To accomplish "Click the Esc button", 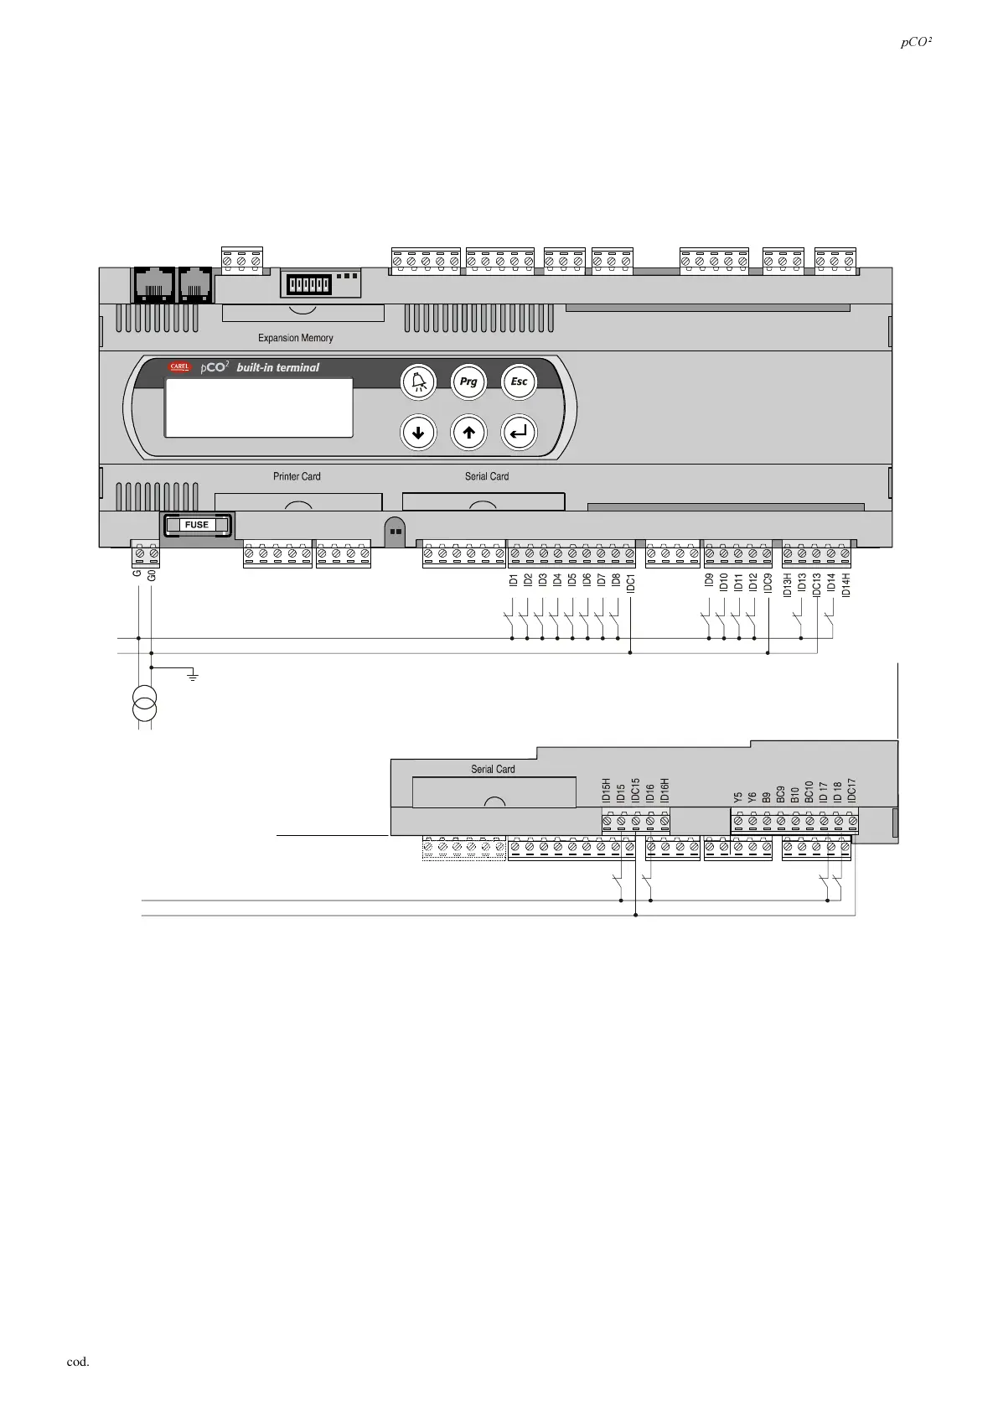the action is pyautogui.click(x=519, y=382).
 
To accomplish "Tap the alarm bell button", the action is pyautogui.click(x=418, y=382).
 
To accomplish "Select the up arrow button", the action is pyautogui.click(x=468, y=433).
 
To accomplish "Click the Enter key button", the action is pyautogui.click(x=519, y=433).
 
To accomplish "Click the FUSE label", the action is pyautogui.click(x=197, y=525).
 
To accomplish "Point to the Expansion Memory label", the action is pyautogui.click(x=295, y=338).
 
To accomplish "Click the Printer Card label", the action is pyautogui.click(x=297, y=476).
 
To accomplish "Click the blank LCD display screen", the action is pyautogui.click(x=258, y=408).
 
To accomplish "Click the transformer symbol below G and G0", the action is pyautogui.click(x=144, y=703).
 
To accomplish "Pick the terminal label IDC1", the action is pyautogui.click(x=630, y=583).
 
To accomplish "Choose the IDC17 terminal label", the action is pyautogui.click(x=851, y=792).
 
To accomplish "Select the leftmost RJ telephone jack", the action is pyautogui.click(x=153, y=284).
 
